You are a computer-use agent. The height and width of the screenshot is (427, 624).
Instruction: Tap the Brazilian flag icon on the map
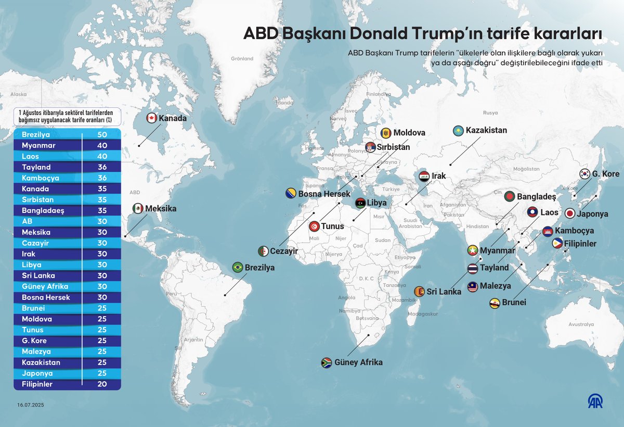tap(238, 267)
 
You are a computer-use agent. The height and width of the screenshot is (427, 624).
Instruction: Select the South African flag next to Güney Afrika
tap(327, 362)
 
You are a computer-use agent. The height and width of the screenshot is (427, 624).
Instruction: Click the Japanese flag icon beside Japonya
tap(569, 213)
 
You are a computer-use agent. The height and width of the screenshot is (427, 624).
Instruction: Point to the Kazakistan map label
tap(486, 130)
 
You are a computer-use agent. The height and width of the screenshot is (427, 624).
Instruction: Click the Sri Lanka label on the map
tap(444, 292)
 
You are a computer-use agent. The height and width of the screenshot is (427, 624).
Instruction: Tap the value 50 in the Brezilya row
tap(102, 134)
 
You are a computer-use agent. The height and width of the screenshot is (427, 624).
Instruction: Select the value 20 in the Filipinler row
tap(102, 384)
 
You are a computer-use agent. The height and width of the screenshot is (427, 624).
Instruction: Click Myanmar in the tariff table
tap(38, 145)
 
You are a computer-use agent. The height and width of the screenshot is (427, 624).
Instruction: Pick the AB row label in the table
tap(27, 221)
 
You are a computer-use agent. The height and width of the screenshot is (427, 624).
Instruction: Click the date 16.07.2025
tap(31, 405)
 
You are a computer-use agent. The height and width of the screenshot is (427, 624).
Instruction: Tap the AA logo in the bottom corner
tap(595, 401)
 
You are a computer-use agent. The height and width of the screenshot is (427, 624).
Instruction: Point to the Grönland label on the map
tap(242, 59)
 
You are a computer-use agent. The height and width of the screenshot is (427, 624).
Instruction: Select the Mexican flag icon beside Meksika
tap(138, 208)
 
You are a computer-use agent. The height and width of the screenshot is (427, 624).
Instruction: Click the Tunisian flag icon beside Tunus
tap(314, 227)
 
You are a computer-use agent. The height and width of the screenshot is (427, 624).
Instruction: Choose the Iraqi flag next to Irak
tap(424, 176)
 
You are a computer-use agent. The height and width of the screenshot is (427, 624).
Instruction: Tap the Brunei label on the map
tap(514, 303)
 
